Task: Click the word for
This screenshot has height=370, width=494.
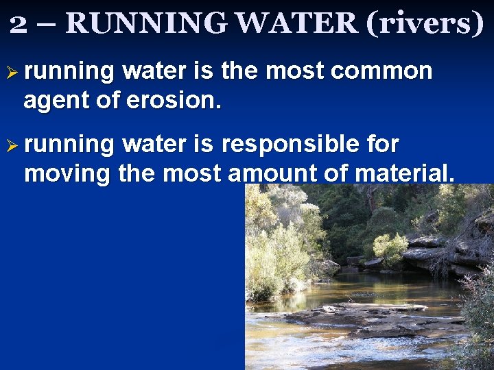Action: [x=383, y=144]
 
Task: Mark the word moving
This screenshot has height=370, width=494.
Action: [x=67, y=174]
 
